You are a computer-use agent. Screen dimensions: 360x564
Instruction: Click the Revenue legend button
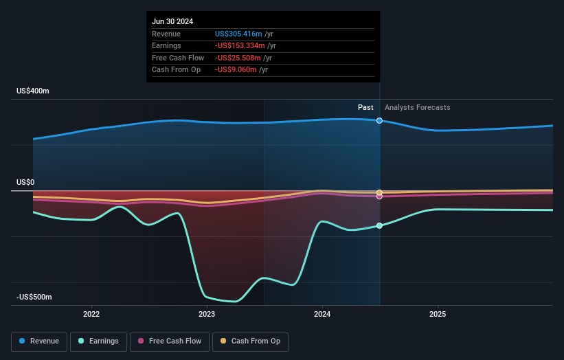point(39,341)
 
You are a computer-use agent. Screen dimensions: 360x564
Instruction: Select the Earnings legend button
point(98,341)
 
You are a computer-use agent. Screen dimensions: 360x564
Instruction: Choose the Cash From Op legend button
point(250,341)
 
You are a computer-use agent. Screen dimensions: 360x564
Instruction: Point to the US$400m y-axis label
point(33,91)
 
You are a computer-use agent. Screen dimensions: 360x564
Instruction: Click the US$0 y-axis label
point(26,182)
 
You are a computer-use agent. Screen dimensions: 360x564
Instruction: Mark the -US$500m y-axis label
point(34,297)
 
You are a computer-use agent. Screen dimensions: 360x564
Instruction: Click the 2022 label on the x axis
point(91,314)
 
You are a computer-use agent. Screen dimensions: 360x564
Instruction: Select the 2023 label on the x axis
point(207,314)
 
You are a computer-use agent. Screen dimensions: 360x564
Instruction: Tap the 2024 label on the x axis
point(322,314)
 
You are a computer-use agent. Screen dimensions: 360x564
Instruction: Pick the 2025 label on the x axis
point(438,314)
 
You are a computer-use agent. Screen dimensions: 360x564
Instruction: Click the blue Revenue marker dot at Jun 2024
point(379,121)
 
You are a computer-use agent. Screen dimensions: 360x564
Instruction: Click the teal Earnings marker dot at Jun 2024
point(379,225)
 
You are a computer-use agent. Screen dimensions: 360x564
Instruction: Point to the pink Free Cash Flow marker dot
point(379,196)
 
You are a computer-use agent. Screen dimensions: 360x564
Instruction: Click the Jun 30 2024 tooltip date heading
point(172,21)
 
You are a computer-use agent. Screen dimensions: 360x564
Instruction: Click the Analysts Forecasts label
point(418,107)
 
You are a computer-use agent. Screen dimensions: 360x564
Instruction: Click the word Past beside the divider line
point(365,107)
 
